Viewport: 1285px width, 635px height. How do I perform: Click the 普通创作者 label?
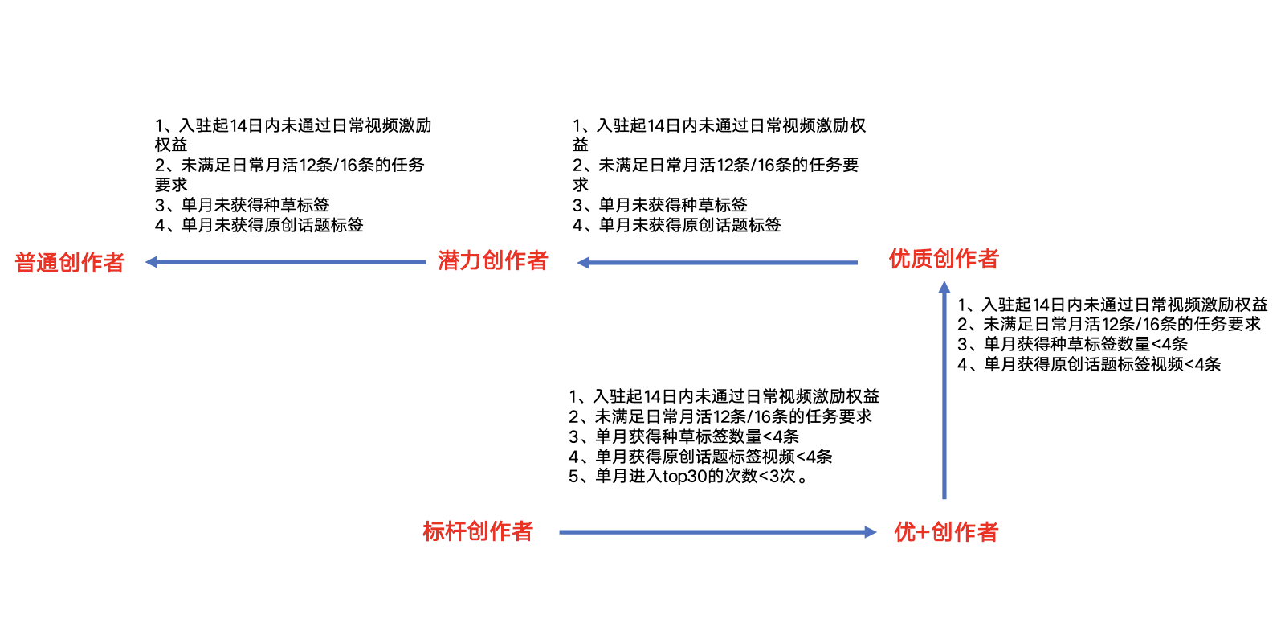point(70,263)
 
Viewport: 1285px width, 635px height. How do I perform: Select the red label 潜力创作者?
point(492,260)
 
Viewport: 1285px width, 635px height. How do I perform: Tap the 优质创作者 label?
point(944,259)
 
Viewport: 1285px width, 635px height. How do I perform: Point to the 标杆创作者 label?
point(478,531)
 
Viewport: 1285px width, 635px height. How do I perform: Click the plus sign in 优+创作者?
point(923,532)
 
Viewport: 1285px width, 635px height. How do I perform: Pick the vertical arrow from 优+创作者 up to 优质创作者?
point(944,394)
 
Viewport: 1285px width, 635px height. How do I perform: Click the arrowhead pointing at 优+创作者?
point(870,532)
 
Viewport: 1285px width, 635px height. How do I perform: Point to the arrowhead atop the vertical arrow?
point(944,287)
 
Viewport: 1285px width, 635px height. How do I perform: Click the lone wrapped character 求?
point(581,185)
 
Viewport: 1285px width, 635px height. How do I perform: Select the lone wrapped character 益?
point(581,145)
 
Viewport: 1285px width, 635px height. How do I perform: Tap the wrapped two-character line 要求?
point(171,185)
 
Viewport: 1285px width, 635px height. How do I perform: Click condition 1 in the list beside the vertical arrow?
point(1112,305)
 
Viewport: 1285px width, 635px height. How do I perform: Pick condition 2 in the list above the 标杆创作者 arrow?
point(720,416)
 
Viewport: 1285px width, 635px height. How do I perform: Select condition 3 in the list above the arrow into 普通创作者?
point(243,205)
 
